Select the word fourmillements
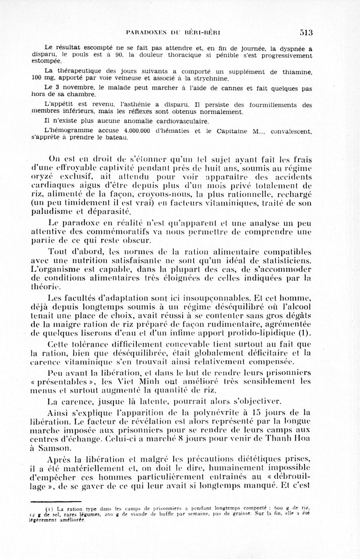(x=273, y=105)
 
